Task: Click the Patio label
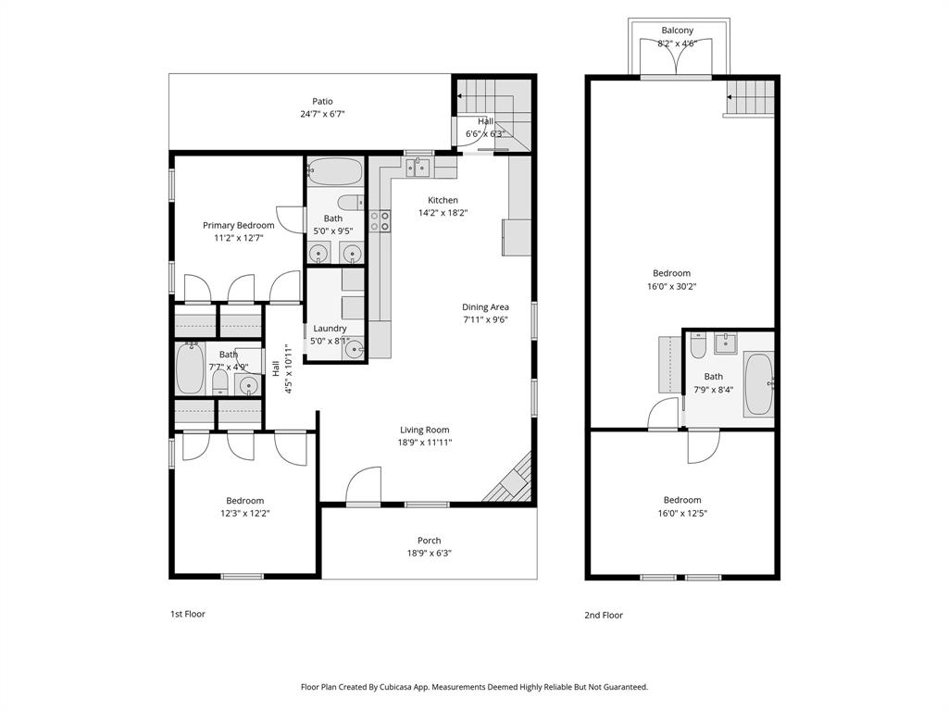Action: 322,102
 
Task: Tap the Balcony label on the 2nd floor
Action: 677,31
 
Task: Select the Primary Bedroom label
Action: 239,225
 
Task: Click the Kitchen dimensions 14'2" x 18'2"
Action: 443,213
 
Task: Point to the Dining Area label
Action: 486,307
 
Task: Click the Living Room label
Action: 425,430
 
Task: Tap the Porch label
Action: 429,541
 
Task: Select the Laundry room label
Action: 330,329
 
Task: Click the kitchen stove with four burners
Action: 380,220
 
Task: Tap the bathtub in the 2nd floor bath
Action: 757,384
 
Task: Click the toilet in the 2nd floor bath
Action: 698,343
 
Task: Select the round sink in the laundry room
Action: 354,349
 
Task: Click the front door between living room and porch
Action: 364,488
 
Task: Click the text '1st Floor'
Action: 187,614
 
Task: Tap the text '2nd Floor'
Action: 604,615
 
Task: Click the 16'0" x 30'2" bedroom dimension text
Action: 671,287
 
